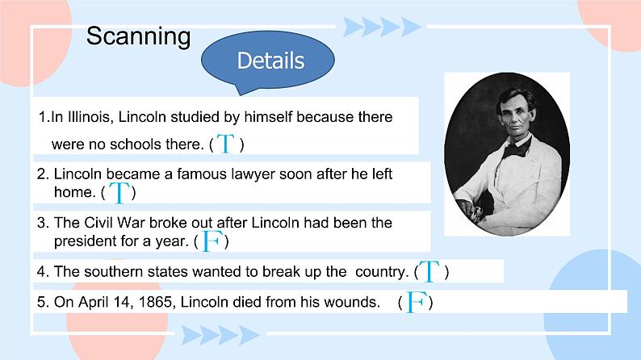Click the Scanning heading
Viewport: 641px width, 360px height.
point(138,36)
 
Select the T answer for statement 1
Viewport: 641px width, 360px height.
point(226,144)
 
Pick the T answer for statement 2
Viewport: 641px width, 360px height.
point(119,192)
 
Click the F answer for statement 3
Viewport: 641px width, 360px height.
point(212,241)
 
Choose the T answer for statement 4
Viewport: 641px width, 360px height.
point(429,272)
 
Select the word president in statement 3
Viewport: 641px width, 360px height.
point(86,241)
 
